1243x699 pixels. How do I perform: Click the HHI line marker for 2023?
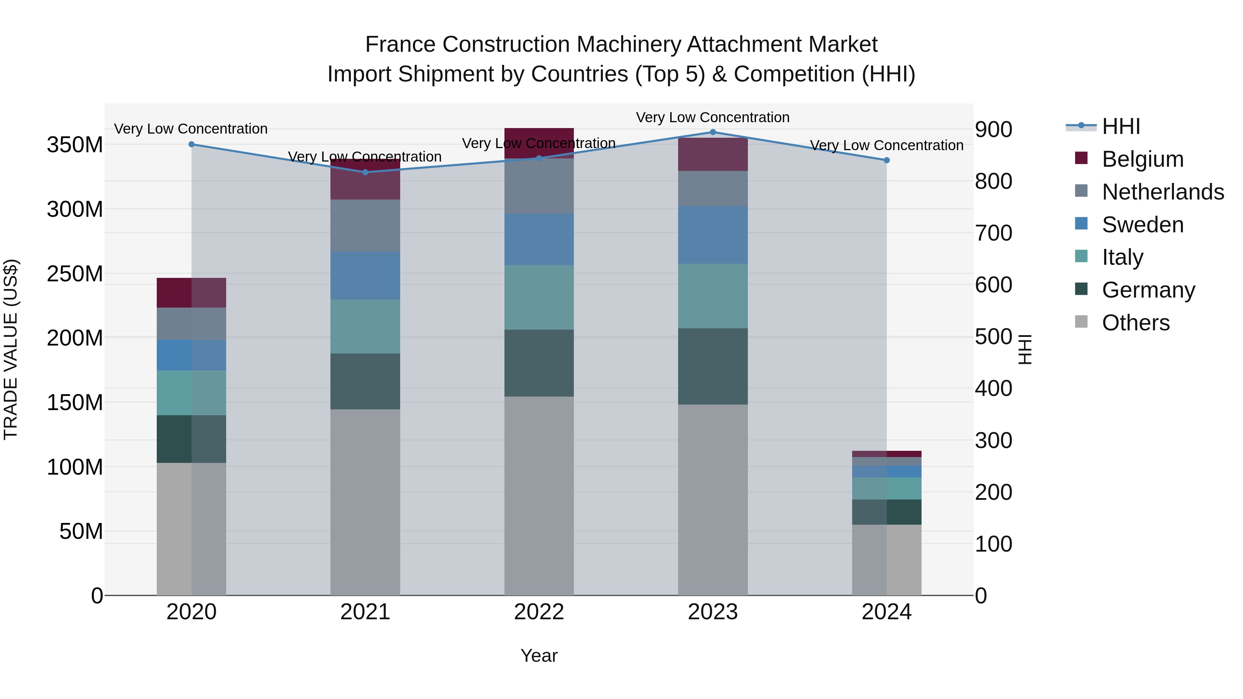[x=713, y=132]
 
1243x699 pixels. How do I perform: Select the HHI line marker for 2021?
[x=365, y=172]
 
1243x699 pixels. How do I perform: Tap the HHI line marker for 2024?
[x=886, y=160]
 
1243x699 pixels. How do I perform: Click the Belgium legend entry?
[x=1142, y=159]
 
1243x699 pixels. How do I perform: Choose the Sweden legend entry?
[x=1142, y=225]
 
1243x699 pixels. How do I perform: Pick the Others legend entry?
[x=1135, y=323]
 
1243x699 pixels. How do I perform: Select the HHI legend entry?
[x=1121, y=126]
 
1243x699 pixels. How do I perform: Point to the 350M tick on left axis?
[x=75, y=145]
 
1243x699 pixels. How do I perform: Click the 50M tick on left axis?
[x=81, y=532]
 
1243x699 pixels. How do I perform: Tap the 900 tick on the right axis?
[x=993, y=129]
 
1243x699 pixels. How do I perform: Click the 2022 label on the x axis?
[x=539, y=612]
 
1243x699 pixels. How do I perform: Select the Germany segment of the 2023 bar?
[x=713, y=367]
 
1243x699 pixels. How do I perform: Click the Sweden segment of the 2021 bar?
[x=365, y=275]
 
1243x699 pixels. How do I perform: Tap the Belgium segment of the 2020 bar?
[x=192, y=293]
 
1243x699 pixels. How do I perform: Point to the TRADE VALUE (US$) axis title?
[x=11, y=349]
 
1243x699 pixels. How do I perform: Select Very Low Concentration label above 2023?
[x=713, y=117]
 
